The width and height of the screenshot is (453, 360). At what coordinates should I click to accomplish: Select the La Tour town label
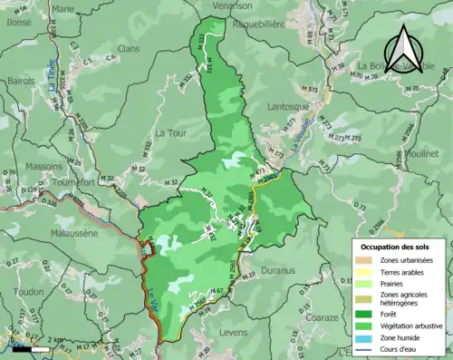coord(171,133)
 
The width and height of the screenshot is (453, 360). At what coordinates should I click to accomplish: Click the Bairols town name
coord(21,81)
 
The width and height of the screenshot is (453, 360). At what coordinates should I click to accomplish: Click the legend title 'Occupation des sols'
coord(396,247)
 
